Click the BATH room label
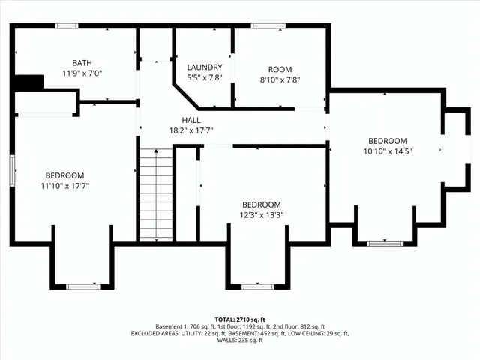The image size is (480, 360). pyautogui.click(x=82, y=62)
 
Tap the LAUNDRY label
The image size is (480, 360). pyautogui.click(x=204, y=67)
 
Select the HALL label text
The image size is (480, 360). pyautogui.click(x=190, y=120)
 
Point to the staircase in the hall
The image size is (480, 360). pyautogui.click(x=156, y=193)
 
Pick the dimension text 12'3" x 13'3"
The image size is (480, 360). pyautogui.click(x=261, y=215)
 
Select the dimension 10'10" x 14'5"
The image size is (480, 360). pyautogui.click(x=387, y=151)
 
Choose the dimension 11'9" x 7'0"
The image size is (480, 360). pyautogui.click(x=82, y=73)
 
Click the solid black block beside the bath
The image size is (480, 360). pyautogui.click(x=28, y=82)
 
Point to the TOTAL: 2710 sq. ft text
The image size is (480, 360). pyautogui.click(x=239, y=319)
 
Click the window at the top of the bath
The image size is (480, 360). pyautogui.click(x=67, y=26)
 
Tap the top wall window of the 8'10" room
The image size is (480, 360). pyautogui.click(x=262, y=26)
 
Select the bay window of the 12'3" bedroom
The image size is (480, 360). pyautogui.click(x=259, y=286)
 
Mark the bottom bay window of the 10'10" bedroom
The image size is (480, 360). pyautogui.click(x=384, y=243)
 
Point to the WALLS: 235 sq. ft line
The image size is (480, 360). pyautogui.click(x=239, y=340)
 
